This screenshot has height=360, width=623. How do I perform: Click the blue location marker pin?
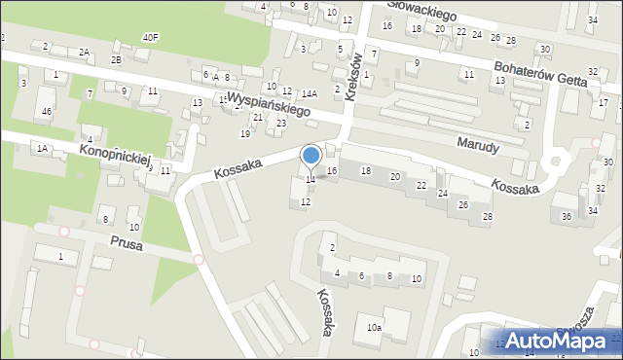pos(311,157)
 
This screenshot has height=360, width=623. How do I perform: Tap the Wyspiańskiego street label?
pos(268,105)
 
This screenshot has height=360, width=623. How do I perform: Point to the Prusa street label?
pos(127,245)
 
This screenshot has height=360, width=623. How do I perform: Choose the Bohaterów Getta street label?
pos(546,76)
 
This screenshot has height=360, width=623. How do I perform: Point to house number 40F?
pos(150,37)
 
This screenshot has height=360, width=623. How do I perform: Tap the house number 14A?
pos(310,93)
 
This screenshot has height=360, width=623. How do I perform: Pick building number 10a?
pos(374,329)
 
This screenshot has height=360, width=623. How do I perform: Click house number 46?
pos(46,112)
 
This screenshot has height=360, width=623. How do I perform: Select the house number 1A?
pos(42,148)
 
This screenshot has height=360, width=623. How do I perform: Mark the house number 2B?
pos(116,59)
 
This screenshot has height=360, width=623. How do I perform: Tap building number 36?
pos(567,215)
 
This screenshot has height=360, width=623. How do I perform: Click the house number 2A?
pos(84,52)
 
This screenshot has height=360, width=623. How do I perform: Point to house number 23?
pos(281,123)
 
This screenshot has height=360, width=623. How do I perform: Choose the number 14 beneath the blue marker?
pos(311,179)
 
